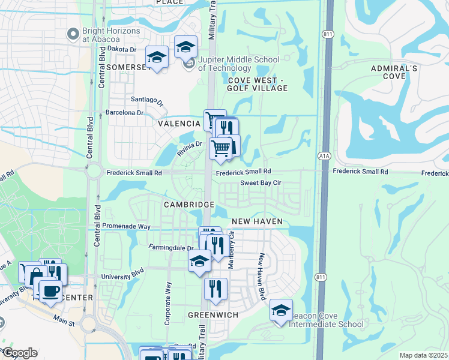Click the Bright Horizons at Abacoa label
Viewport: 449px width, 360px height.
111,34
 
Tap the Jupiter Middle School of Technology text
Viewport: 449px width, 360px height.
238,64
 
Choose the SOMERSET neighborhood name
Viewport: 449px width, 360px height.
127,67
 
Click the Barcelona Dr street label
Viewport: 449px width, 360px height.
125,112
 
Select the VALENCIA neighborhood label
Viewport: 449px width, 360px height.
179,124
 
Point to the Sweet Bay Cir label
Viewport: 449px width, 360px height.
261,183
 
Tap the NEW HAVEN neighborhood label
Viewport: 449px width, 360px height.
256,222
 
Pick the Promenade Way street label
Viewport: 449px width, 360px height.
127,227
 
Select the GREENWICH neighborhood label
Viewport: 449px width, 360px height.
213,314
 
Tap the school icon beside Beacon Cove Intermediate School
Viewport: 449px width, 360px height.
281,310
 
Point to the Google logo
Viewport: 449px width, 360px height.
19,353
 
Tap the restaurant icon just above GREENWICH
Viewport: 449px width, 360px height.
215,289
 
